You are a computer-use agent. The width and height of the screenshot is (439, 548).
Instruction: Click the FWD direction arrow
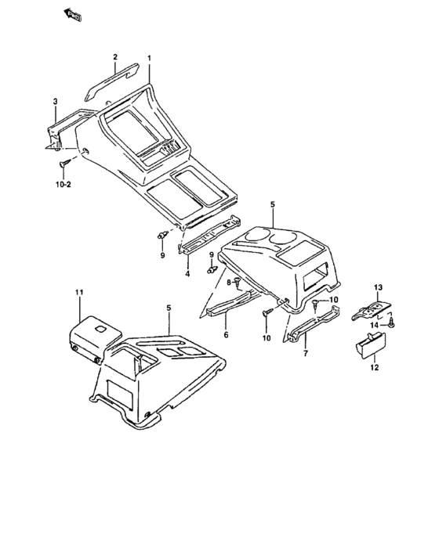coord(72,15)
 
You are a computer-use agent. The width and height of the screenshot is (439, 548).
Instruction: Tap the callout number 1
coord(150,58)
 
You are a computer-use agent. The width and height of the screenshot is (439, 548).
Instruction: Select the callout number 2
coord(115,56)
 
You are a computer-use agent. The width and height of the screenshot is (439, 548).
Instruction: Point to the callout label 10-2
coord(63,184)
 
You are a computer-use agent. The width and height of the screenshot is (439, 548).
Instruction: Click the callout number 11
coord(79,292)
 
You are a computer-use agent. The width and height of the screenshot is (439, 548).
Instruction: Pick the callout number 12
coord(375,367)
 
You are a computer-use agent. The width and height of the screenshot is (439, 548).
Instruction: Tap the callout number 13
coord(378,287)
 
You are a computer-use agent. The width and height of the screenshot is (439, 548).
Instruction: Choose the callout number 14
coord(374,326)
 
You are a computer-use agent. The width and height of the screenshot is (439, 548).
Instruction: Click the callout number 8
coord(229,282)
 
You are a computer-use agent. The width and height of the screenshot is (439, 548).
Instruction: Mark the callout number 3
coord(56,101)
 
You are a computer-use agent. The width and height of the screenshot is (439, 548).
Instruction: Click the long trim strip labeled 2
coord(112,81)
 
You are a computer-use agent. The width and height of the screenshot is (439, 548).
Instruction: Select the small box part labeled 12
coord(371,345)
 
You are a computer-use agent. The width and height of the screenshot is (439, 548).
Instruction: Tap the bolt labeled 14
coord(392,323)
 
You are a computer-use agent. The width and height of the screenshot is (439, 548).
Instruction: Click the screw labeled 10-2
coord(65,163)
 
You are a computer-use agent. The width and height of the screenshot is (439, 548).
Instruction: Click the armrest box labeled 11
coord(94,338)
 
